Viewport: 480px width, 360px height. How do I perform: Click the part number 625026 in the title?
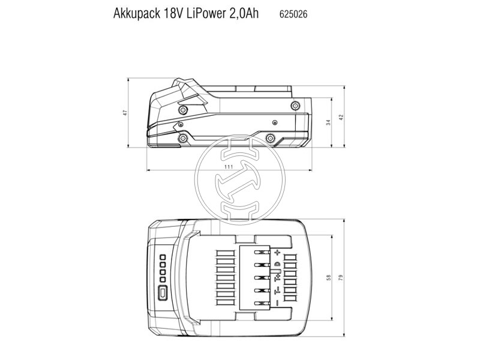pos(293,14)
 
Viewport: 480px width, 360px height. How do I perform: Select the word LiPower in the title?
pos(202,14)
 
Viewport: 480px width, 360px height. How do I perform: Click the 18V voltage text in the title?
pos(168,14)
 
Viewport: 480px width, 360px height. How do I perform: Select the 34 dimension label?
pos(328,122)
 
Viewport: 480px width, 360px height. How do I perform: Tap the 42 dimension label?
pos(341,118)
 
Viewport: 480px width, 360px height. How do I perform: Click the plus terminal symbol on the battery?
pos(278,253)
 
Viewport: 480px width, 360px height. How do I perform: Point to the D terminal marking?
pos(277,265)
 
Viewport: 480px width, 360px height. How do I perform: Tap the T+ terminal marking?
pos(277,277)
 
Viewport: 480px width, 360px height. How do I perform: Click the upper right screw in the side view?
pos(294,106)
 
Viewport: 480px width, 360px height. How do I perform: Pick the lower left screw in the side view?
pos(179,138)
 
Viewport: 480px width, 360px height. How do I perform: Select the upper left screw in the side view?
pos(183,110)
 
